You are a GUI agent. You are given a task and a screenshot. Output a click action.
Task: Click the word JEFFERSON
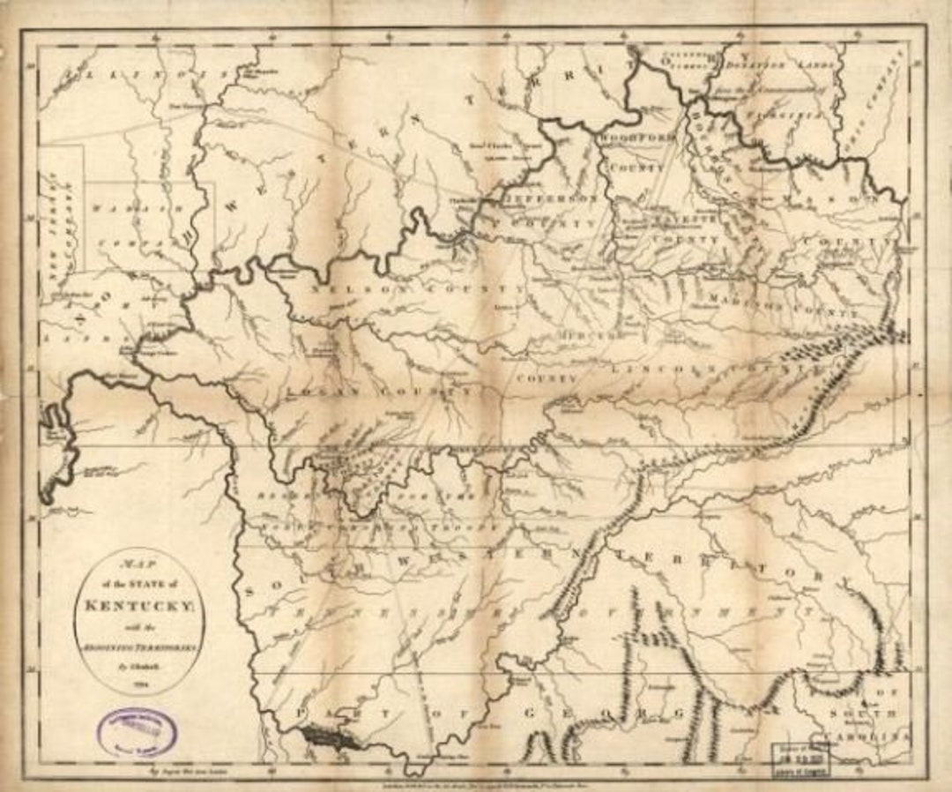(x=550, y=200)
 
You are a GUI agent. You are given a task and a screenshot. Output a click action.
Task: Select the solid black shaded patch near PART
(x=329, y=736)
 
